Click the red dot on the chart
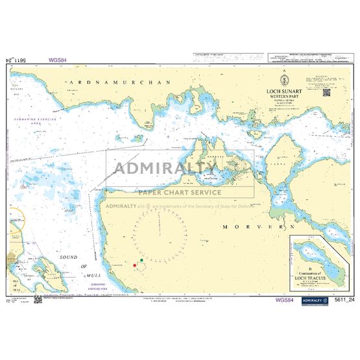pyautogui.click(x=135, y=265)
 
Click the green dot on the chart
pyautogui.click(x=142, y=261)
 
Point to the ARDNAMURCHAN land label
pyautogui.click(x=119, y=83)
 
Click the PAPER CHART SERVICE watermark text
pyautogui.click(x=179, y=192)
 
